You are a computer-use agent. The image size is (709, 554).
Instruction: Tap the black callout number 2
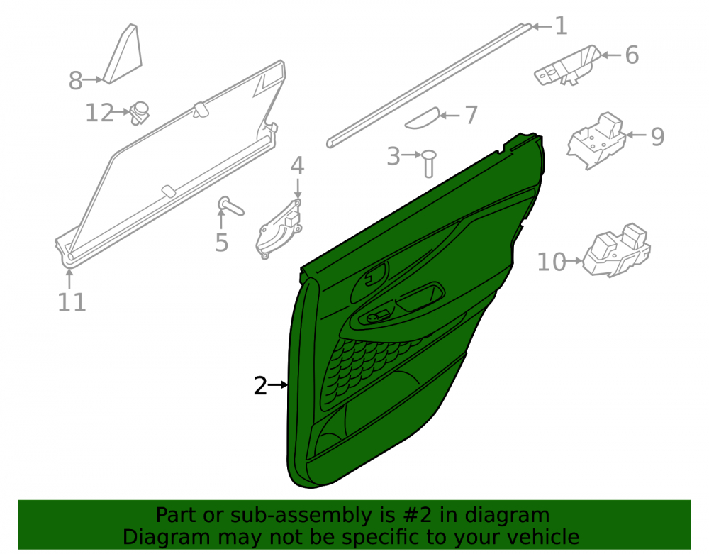point(260,386)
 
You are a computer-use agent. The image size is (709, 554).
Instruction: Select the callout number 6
point(632,55)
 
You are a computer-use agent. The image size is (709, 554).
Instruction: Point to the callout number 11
point(72,302)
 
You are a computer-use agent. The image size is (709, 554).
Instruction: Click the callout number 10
point(551,262)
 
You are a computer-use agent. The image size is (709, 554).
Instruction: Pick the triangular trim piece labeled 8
point(123,55)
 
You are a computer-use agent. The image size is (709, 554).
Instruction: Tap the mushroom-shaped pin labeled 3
point(428,163)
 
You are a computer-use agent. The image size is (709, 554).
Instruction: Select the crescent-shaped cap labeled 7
point(422,118)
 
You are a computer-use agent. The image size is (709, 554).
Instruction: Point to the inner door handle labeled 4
point(279,228)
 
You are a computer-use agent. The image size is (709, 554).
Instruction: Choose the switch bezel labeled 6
point(567,65)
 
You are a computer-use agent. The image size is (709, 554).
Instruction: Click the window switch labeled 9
point(596,140)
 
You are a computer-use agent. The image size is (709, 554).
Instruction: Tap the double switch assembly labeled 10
point(616,250)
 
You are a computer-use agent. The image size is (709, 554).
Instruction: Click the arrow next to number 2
point(278,385)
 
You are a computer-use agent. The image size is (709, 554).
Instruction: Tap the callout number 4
point(297,166)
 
